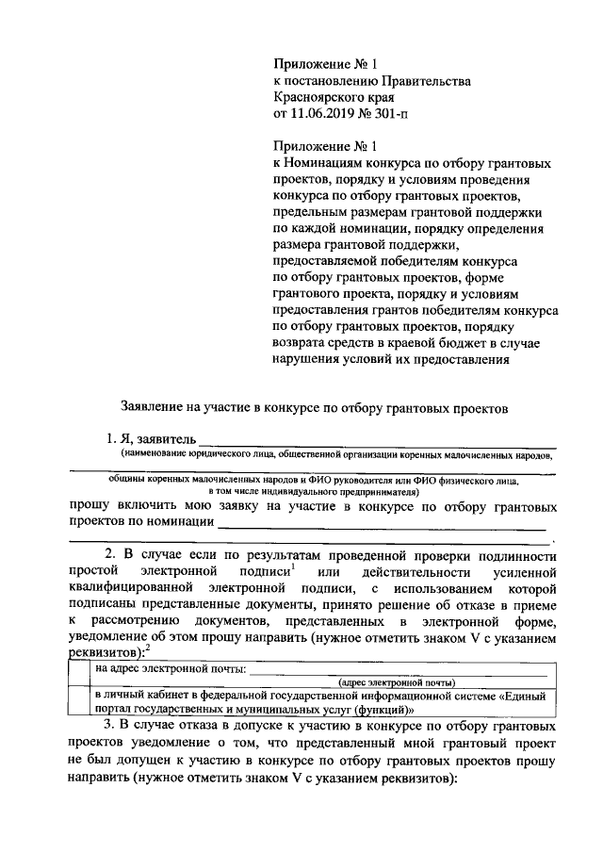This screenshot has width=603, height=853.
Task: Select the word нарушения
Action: point(310,360)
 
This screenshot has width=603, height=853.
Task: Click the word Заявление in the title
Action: point(154,409)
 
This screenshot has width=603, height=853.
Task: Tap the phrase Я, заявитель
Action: point(149,440)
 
